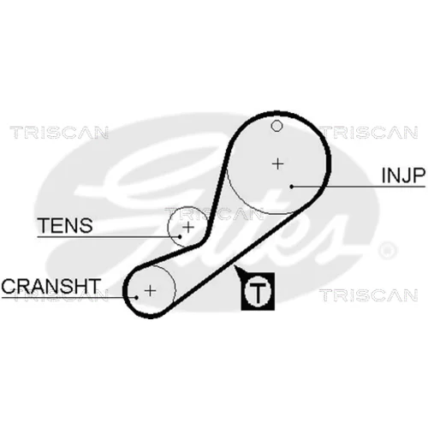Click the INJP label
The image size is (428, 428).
(x=403, y=175)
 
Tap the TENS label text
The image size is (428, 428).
(x=65, y=225)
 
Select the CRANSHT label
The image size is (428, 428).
(x=51, y=286)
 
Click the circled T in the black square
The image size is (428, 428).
(x=258, y=291)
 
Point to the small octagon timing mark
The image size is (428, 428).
(x=276, y=126)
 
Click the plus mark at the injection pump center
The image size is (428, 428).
(x=277, y=164)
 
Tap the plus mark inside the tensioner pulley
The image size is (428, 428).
(x=188, y=227)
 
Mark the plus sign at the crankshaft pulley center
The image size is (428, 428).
(x=150, y=291)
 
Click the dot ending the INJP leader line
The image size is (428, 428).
(x=292, y=187)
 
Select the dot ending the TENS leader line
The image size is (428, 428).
(x=180, y=236)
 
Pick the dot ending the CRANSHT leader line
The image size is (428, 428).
(x=137, y=297)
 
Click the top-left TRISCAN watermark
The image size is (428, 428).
(x=59, y=133)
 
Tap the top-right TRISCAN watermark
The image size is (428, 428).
(x=370, y=133)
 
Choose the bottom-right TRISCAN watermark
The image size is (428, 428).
(x=369, y=295)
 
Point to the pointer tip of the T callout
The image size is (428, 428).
(x=234, y=266)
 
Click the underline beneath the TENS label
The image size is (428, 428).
(x=109, y=237)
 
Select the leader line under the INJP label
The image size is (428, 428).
(x=359, y=187)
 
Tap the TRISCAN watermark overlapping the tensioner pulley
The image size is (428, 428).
(x=214, y=214)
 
